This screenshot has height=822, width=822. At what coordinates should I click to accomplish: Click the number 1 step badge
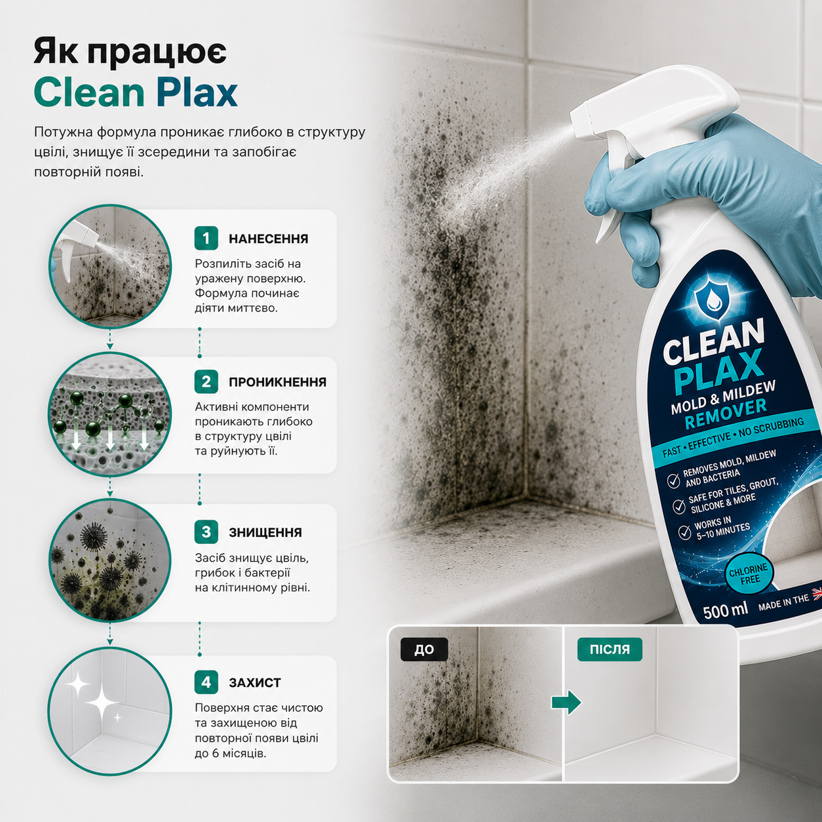[x=206, y=238]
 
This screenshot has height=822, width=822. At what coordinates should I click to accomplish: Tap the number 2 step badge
[x=206, y=382]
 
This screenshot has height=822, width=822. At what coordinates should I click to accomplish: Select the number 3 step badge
[x=206, y=532]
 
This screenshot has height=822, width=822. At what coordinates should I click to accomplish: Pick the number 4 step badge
[x=206, y=682]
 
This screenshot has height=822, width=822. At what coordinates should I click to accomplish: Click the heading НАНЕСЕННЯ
[x=268, y=239]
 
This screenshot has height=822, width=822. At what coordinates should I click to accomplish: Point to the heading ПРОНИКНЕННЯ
[x=278, y=382]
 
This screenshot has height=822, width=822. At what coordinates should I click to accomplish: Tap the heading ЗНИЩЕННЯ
[x=265, y=532]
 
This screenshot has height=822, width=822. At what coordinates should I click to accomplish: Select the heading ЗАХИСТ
[x=254, y=682]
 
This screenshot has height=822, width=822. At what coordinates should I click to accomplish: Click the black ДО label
[x=424, y=650]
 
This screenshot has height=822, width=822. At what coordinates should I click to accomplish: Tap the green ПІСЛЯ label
[x=610, y=650]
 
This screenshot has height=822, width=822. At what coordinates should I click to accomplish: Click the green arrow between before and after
[x=566, y=701]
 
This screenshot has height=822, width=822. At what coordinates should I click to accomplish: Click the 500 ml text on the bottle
[x=725, y=611]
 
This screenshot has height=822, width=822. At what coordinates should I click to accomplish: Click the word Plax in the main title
[x=191, y=92]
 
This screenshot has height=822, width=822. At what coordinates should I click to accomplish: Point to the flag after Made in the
[x=817, y=593]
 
